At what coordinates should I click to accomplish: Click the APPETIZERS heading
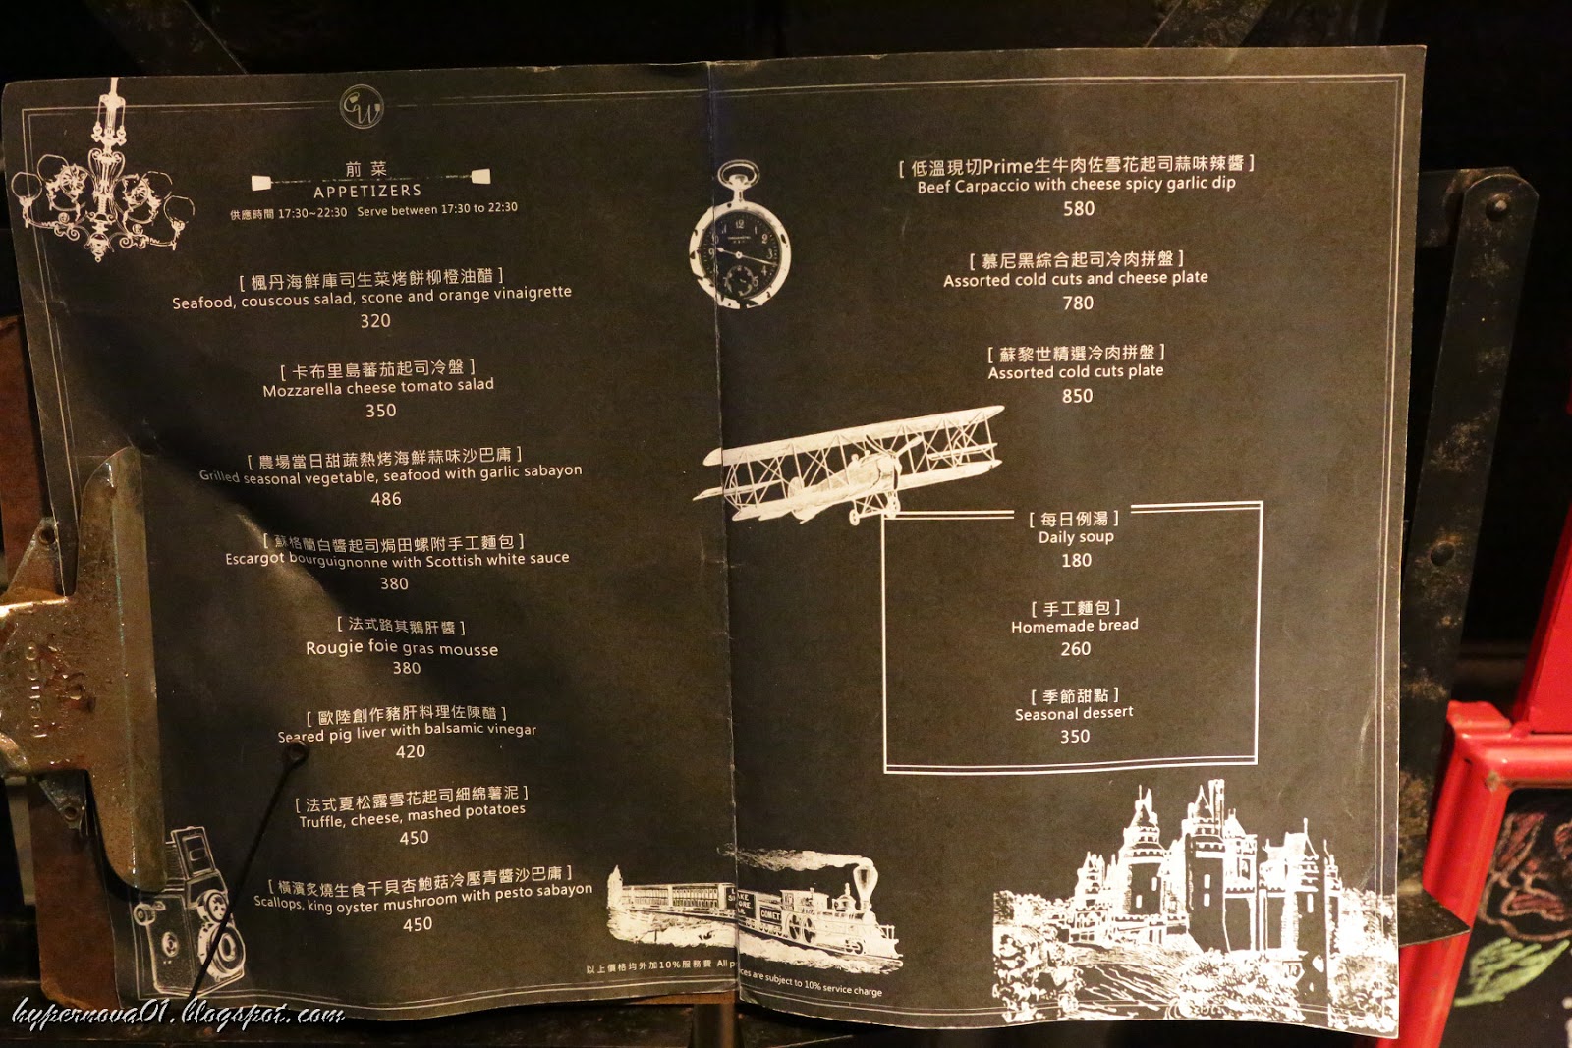point(367,191)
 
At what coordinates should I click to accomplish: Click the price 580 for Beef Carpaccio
point(1078,209)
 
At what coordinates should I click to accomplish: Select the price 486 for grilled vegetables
point(386,499)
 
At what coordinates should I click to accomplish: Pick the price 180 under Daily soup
point(1076,561)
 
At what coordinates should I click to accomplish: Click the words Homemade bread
point(1075,626)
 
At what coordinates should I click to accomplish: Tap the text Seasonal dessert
point(1074,713)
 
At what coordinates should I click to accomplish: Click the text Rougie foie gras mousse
point(402,648)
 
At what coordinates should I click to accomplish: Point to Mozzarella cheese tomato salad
point(378,387)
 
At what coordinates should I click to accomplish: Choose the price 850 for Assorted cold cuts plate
point(1077,396)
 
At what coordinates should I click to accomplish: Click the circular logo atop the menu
point(362,107)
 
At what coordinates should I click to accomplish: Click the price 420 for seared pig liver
point(411,751)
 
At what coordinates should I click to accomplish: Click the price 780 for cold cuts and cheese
point(1078,303)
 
